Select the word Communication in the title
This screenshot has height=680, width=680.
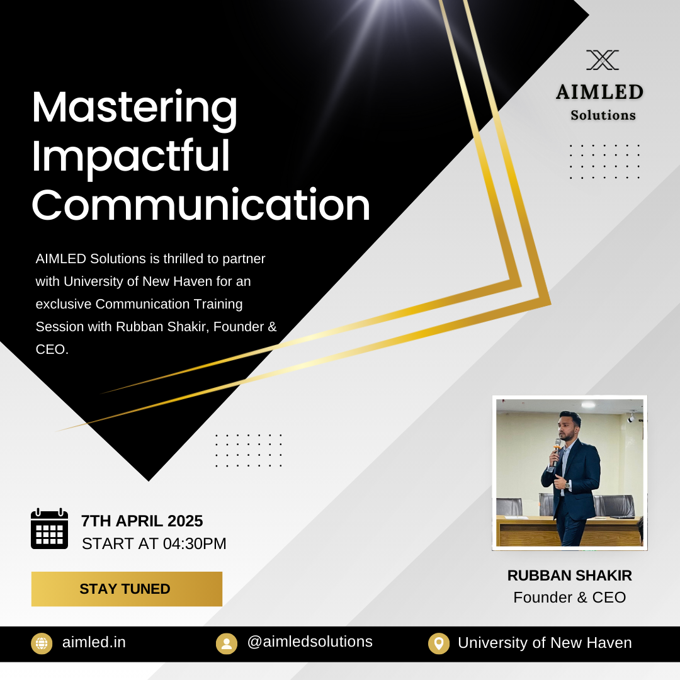point(201,205)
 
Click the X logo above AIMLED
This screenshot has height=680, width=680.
point(603,60)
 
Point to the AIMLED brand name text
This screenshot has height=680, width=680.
point(600,92)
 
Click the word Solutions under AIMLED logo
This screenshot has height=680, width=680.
point(603,115)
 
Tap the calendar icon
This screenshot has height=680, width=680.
point(50,528)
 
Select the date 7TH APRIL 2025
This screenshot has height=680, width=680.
point(142,521)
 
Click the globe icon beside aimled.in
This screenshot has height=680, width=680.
point(42,643)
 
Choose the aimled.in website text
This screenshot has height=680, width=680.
point(94,642)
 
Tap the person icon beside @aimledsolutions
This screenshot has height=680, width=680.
point(227,643)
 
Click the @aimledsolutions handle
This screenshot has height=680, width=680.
point(310,642)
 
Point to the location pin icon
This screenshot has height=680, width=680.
point(438,643)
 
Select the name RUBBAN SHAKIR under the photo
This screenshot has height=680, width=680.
point(569,575)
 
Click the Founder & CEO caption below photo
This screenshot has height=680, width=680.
point(569,597)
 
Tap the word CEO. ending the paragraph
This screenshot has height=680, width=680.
point(52,349)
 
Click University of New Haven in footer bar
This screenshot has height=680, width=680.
point(545,643)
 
